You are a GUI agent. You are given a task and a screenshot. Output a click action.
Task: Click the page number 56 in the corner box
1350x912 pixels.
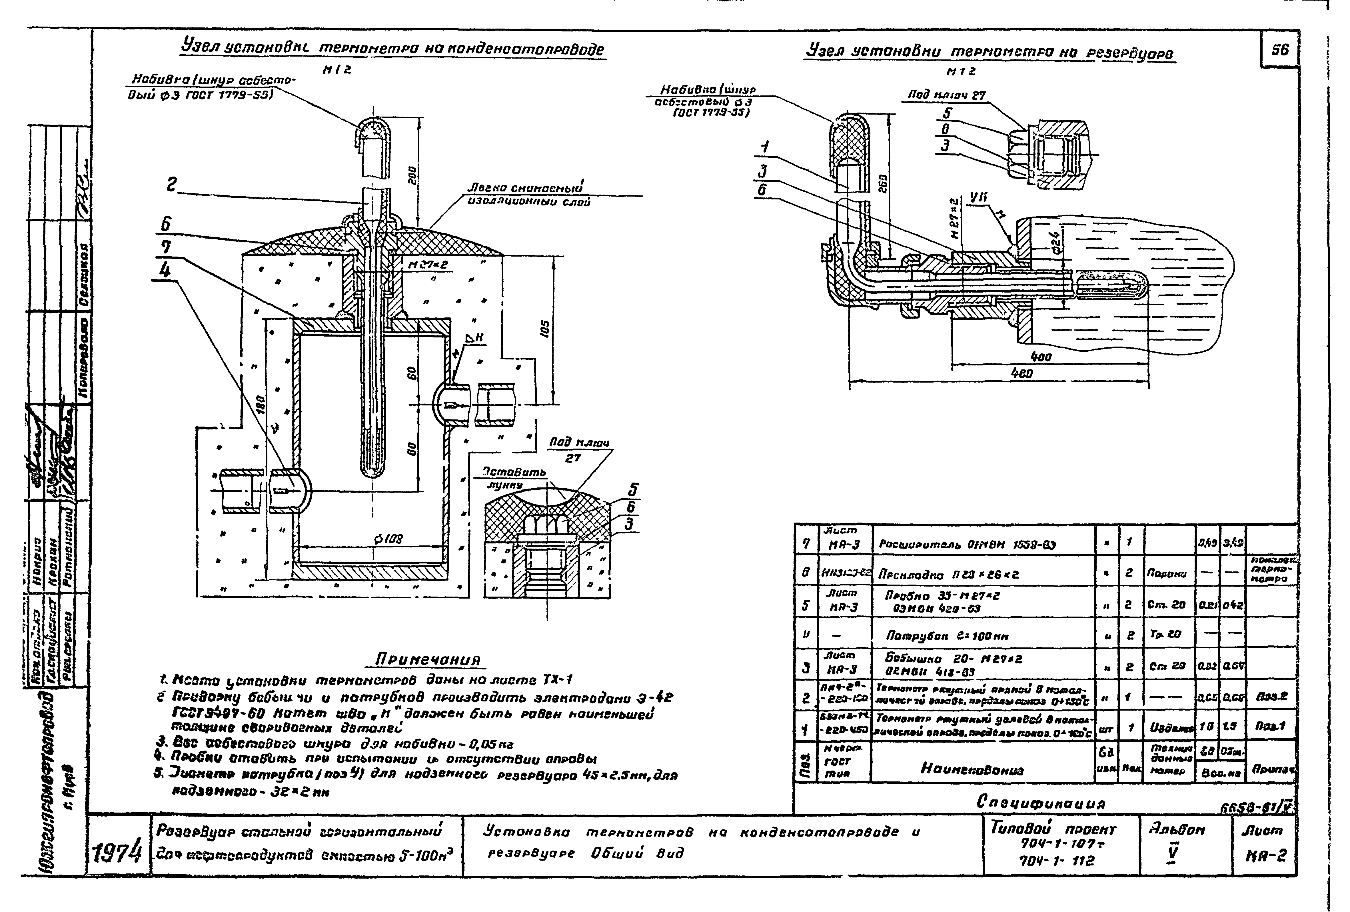pyautogui.click(x=1280, y=51)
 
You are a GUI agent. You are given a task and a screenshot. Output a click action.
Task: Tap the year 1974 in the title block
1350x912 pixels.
pyautogui.click(x=118, y=853)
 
